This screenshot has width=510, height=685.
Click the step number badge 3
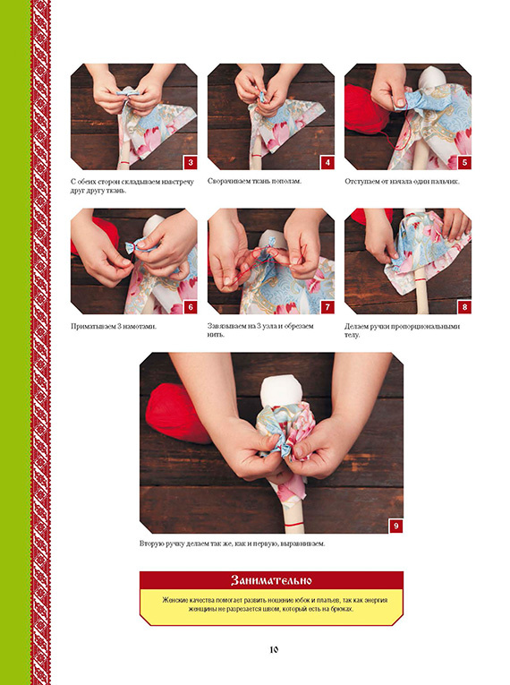pos(191,163)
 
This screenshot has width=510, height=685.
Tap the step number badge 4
pos(327,163)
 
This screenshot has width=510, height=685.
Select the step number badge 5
pos(464,163)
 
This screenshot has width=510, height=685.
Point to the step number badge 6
pos(191,307)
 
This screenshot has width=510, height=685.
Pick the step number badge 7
pos(327,307)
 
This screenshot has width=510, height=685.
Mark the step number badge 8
pos(464,307)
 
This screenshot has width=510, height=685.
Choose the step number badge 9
pos(396,526)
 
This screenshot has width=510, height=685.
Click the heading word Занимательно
pos(271,580)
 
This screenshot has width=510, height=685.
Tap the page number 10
pos(274,649)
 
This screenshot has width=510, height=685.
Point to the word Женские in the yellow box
pos(174,600)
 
